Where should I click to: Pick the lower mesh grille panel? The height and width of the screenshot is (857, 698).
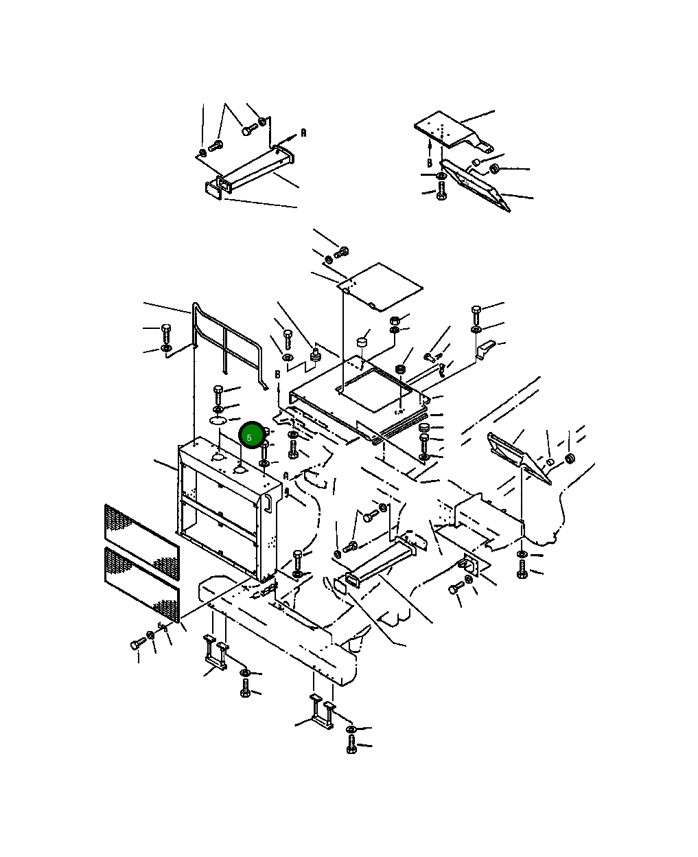click(x=142, y=584)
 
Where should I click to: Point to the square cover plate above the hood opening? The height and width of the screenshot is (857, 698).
click(x=380, y=286)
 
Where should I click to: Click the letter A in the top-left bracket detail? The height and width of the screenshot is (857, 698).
click(x=303, y=133)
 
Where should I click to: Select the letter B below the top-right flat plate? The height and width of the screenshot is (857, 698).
click(x=430, y=163)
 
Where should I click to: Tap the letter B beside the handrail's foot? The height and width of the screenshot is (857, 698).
click(x=277, y=374)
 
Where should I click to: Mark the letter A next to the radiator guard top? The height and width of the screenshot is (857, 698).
click(x=286, y=476)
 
